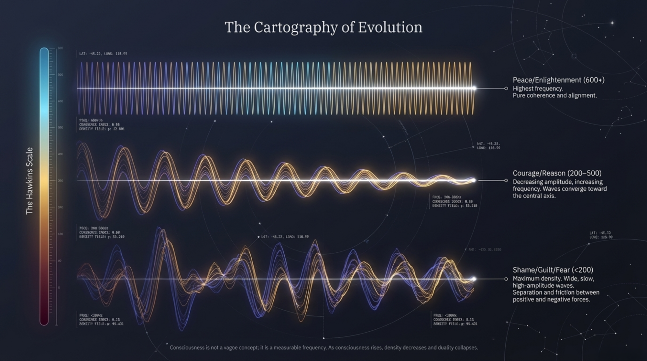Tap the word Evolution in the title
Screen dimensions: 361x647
point(390,27)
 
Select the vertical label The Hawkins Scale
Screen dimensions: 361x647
point(29,181)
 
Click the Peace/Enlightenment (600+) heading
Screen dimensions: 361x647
point(558,80)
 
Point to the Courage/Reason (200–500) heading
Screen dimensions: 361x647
point(557,173)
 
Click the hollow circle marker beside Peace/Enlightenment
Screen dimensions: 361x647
point(506,89)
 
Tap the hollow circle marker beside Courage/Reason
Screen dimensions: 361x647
point(506,181)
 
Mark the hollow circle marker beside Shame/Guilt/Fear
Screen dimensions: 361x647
point(506,279)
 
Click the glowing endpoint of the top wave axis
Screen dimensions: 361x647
point(474,88)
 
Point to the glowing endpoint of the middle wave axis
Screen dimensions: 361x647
point(474,180)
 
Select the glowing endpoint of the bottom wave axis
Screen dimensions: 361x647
point(474,279)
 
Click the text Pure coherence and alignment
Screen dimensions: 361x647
point(554,96)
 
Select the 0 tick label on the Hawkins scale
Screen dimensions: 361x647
point(59,287)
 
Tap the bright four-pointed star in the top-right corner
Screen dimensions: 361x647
point(612,23)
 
